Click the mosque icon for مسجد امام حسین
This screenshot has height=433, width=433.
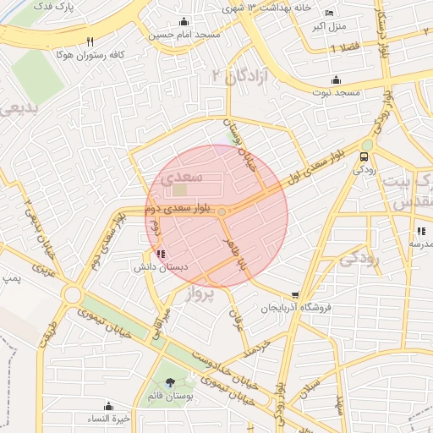[184, 23]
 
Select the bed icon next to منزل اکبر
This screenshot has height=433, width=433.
[329, 13]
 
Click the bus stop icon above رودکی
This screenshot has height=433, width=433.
[364, 156]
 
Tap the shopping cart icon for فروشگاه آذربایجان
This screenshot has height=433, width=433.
[294, 295]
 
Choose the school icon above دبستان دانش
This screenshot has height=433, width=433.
[161, 253]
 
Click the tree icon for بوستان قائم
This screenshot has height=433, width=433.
[172, 383]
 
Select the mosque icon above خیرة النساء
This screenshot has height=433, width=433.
[108, 406]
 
